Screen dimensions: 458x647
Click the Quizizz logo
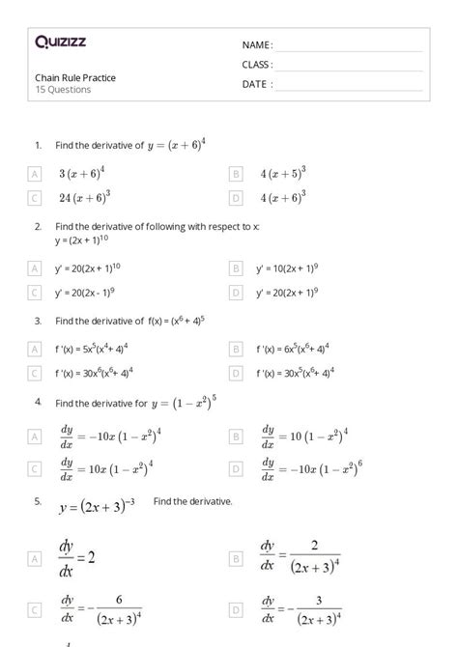point(61,42)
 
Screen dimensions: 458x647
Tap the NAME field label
point(257,45)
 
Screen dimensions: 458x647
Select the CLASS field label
point(257,65)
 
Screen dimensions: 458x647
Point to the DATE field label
point(257,84)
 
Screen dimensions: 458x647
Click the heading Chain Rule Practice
point(75,77)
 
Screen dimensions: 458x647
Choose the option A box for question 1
point(35,174)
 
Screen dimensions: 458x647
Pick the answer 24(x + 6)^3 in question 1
point(84,198)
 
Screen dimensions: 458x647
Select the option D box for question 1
point(236,198)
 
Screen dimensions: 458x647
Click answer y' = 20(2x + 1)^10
point(88,267)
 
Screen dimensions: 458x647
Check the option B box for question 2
point(236,267)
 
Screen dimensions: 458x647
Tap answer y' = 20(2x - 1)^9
point(85,291)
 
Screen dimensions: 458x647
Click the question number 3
point(37,320)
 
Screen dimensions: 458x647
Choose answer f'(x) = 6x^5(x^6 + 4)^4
point(293,348)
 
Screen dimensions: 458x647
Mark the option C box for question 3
point(35,372)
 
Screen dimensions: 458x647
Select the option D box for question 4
point(236,469)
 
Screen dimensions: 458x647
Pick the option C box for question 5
point(35,611)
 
